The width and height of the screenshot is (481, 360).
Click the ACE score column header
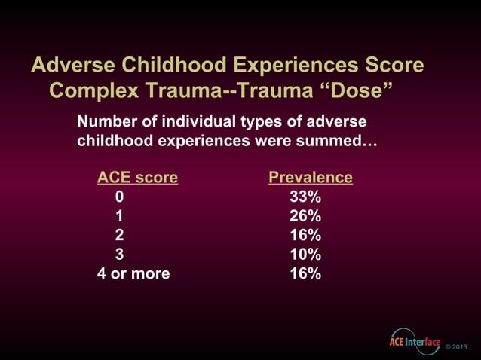click(x=137, y=178)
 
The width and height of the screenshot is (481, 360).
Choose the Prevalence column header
click(x=311, y=178)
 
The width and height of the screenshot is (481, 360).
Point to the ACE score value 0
click(x=119, y=197)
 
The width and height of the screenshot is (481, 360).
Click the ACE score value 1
click(x=119, y=216)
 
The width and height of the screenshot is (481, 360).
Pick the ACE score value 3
click(x=119, y=254)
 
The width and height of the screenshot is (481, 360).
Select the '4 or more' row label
click(x=133, y=273)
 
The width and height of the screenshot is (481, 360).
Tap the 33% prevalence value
click(x=305, y=197)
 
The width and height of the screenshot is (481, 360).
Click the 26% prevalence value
click(x=305, y=216)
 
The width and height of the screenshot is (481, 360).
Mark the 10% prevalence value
click(x=305, y=254)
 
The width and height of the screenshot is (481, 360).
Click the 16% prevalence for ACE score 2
click(x=305, y=235)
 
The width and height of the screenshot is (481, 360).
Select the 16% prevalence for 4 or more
click(x=305, y=273)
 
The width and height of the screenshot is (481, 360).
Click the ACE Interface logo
click(x=414, y=342)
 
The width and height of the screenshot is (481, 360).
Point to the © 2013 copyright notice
click(x=457, y=346)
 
